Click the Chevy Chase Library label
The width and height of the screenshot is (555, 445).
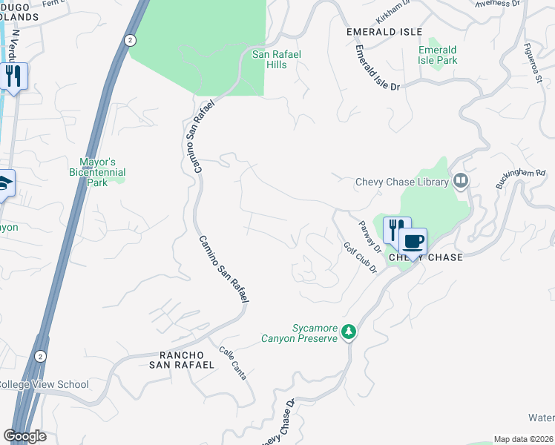pos(402,182)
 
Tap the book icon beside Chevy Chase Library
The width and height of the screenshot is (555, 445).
pos(461,181)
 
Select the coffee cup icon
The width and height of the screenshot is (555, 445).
pos(413,241)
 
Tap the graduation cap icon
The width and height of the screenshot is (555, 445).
pos(4,183)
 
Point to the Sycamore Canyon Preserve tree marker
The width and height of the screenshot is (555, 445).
pos(349,333)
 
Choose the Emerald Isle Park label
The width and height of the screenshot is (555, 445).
pos(437,55)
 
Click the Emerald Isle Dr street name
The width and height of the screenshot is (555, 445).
pos(376,69)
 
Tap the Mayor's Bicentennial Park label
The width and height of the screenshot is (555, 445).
pos(102,172)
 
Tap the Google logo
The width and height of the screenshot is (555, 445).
pos(24,436)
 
